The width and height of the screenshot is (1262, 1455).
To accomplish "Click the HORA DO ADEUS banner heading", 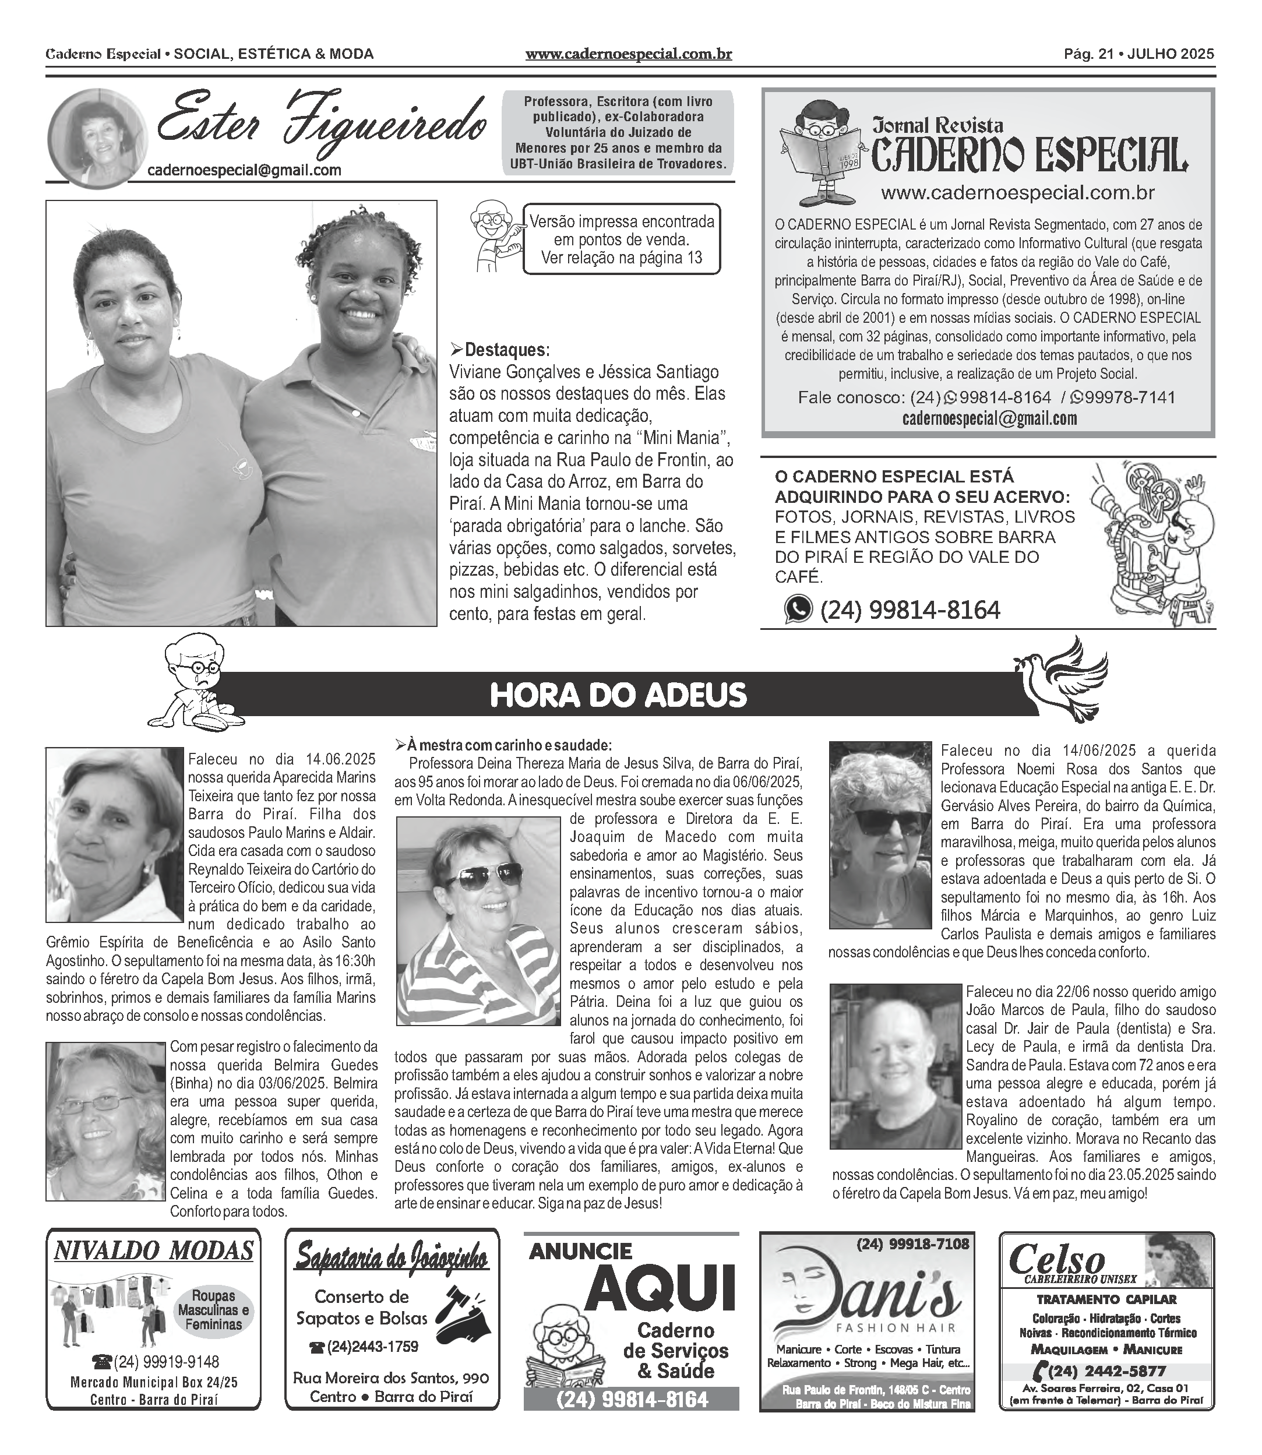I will tap(618, 695).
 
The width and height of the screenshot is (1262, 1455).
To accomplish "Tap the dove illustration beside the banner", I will tap(1063, 679).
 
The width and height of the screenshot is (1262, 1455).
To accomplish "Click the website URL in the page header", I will tap(628, 54).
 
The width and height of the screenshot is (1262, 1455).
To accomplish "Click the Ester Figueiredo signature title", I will tap(320, 125).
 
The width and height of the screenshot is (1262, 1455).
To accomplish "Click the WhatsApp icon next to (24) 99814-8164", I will tap(798, 609).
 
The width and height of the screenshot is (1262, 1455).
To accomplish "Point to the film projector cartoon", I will tap(1151, 542).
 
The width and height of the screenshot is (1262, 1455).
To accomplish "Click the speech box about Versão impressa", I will tap(621, 239).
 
